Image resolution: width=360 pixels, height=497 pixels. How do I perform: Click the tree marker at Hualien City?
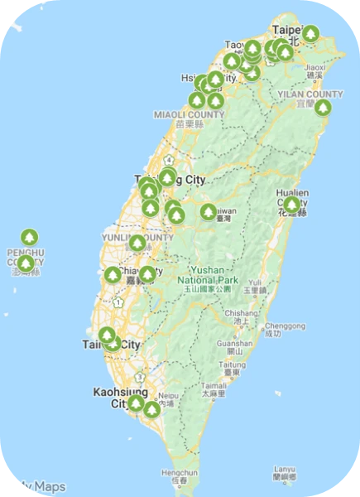coord(291,203)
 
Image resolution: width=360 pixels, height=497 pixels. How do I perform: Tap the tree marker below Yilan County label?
coord(323,107)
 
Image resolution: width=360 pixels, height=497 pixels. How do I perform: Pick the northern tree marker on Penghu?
coord(29,238)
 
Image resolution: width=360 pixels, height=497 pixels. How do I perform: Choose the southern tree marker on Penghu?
coord(26,263)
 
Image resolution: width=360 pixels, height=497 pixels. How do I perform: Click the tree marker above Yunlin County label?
coord(137,243)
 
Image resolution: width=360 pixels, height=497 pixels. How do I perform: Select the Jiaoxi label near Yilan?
coord(315,69)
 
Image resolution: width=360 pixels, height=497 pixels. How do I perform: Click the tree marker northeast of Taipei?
coord(310,34)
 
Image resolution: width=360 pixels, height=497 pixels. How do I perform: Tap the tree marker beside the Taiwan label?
coord(208,212)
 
